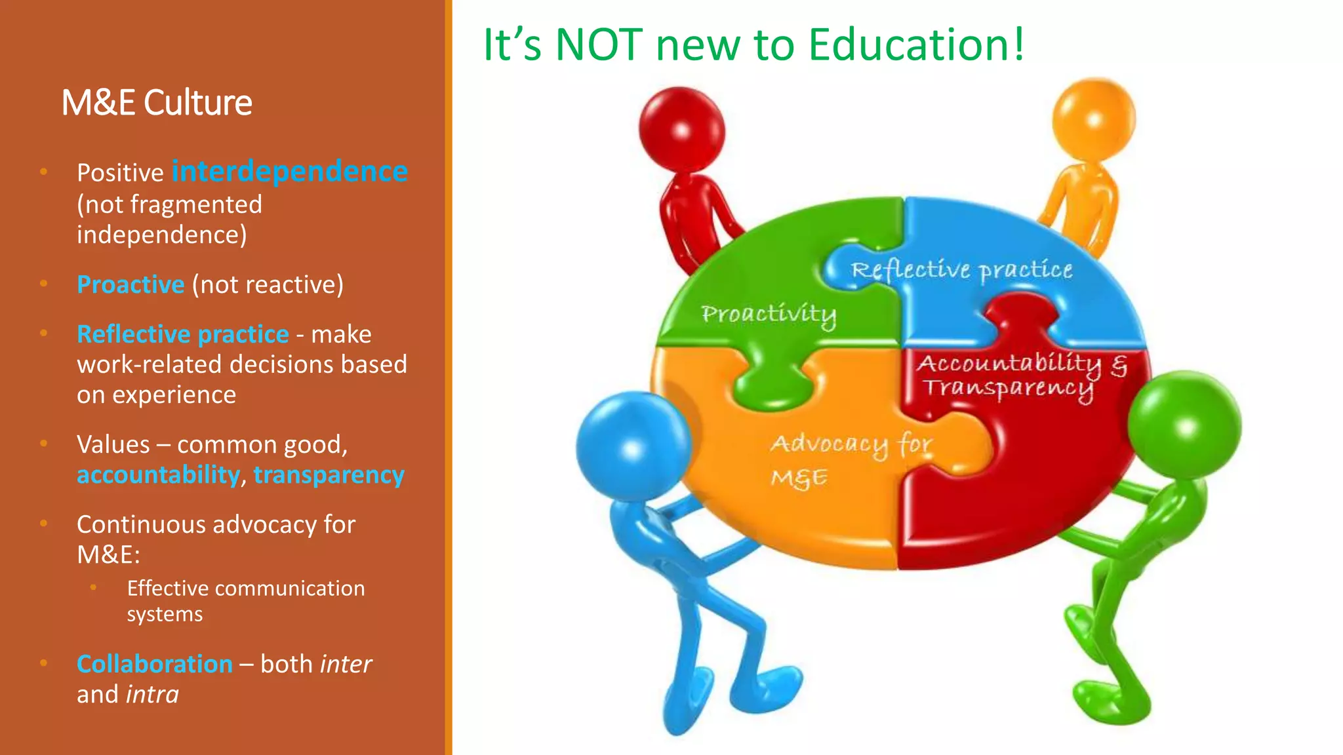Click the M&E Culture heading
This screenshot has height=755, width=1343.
tap(157, 103)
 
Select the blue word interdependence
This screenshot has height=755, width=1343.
tap(290, 172)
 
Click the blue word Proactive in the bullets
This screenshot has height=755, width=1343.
tap(130, 284)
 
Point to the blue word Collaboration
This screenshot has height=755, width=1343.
tap(155, 664)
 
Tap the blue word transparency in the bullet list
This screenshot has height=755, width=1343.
tap(329, 475)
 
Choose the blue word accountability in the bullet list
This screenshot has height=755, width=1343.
tap(159, 475)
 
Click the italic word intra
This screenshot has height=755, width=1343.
tap(152, 695)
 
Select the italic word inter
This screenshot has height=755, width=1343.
tap(346, 664)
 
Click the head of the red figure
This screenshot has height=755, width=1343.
tap(681, 129)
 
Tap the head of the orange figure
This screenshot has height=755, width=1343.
tap(1093, 120)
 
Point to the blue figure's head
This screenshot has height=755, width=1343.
tap(633, 446)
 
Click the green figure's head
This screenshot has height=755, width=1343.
tap(1184, 427)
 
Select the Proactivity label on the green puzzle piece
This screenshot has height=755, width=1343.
tap(769, 315)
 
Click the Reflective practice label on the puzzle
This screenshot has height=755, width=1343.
tap(961, 270)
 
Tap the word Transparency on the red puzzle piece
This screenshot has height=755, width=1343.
tap(1008, 388)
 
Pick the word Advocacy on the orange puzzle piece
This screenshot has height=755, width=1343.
tap(830, 445)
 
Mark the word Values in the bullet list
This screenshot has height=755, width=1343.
tap(113, 444)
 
